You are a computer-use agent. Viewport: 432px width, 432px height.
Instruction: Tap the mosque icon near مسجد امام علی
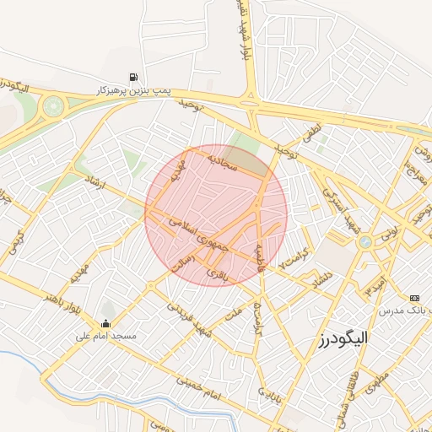(x=105, y=323)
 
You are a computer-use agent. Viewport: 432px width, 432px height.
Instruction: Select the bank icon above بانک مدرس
(x=413, y=298)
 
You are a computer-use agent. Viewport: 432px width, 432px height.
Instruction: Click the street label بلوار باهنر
(x=67, y=301)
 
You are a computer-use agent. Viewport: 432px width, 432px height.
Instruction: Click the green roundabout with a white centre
(x=54, y=105)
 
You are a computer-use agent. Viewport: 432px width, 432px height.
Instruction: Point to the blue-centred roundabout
(x=364, y=242)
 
